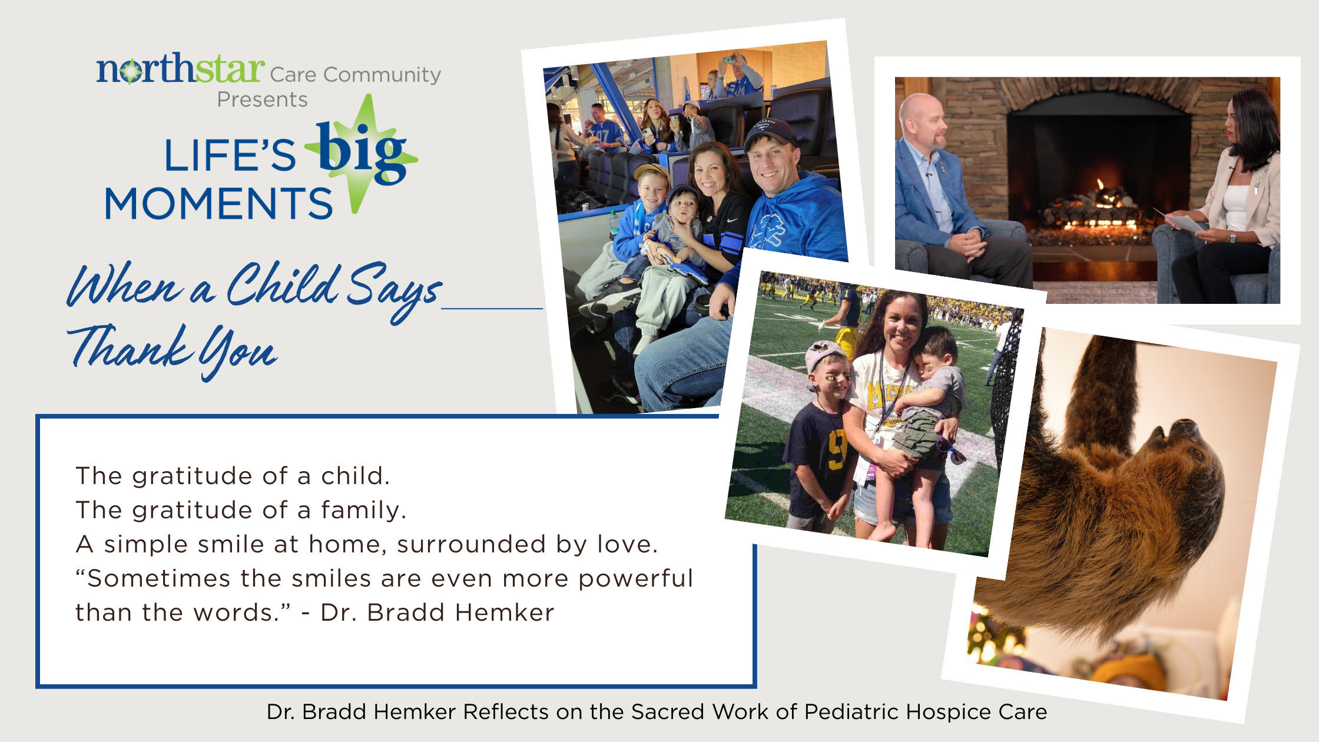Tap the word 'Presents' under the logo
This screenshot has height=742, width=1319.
tap(262, 100)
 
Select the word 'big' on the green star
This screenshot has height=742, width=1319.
tap(360, 151)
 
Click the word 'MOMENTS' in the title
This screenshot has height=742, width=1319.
tap(218, 204)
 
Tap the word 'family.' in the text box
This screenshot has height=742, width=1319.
tap(363, 510)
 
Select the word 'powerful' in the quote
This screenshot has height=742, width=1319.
tap(635, 579)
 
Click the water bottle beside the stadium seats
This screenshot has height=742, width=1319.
tap(614, 223)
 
